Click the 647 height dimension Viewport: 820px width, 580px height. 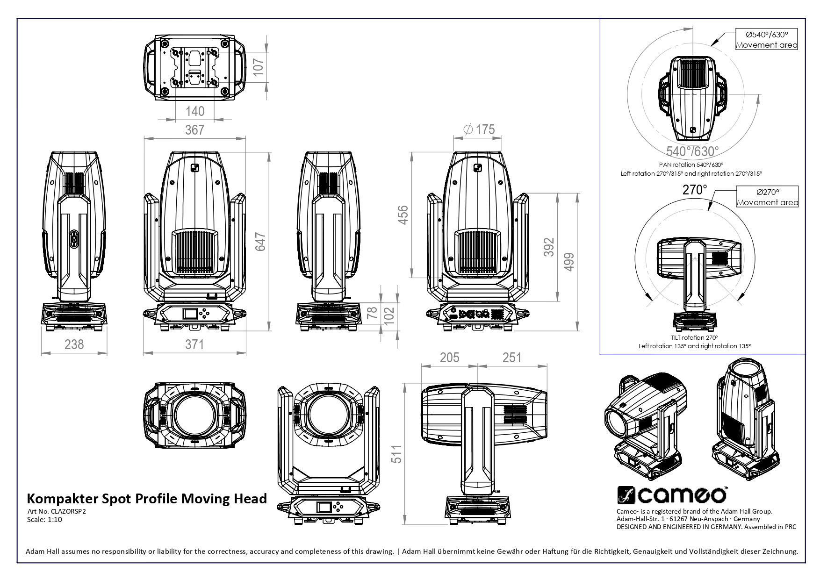point(261,242)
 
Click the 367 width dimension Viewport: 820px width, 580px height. point(194,130)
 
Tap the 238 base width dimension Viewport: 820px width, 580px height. point(74,344)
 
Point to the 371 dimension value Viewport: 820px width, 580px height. point(194,344)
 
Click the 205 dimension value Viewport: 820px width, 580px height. point(449,358)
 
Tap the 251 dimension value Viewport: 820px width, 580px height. point(511,358)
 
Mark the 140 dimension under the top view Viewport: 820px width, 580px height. point(194,111)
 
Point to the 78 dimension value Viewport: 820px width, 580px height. point(373,313)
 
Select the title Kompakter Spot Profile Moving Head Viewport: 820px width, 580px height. point(147,498)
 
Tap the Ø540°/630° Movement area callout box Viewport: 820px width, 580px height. point(767,39)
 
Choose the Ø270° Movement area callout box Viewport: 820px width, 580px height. point(767,197)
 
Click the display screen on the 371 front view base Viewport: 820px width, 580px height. point(189,313)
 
